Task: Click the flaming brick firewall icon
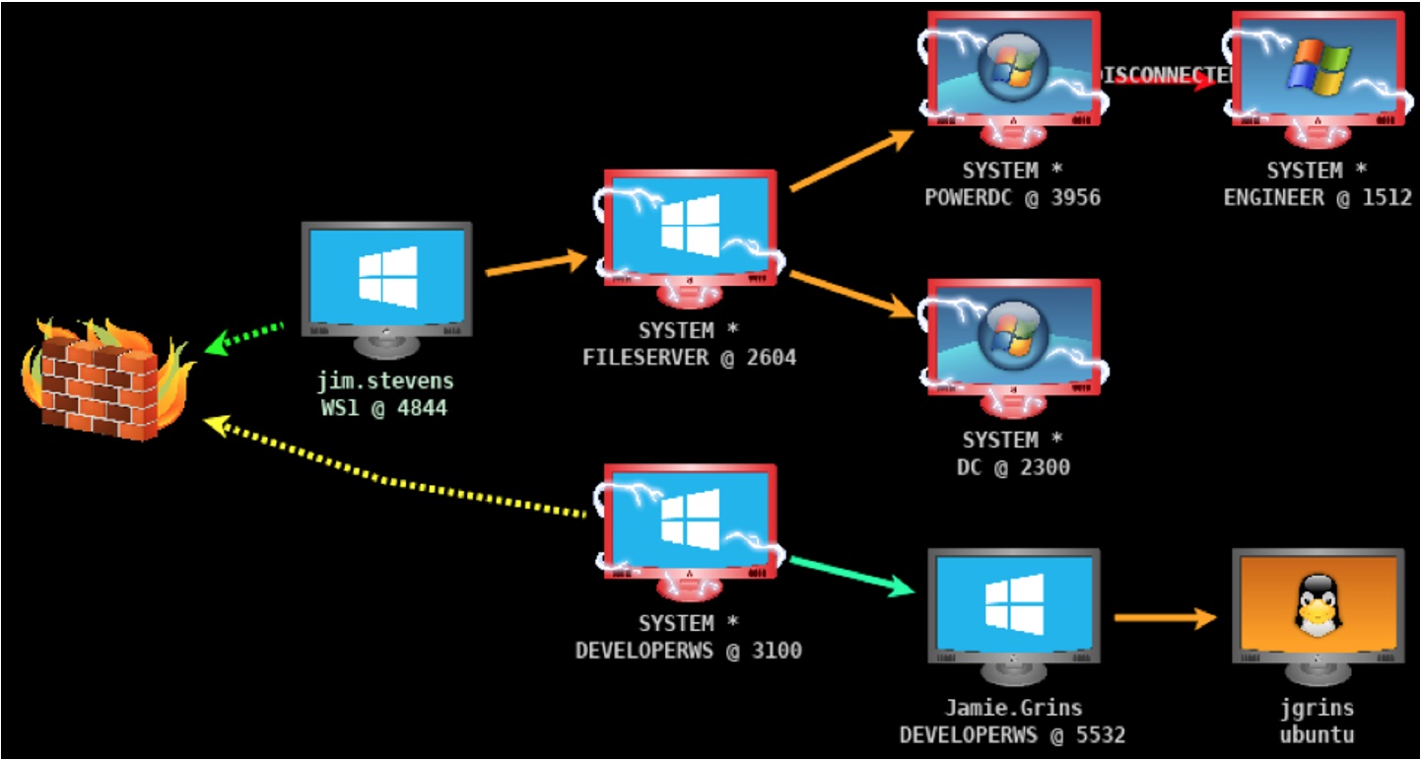tap(100, 379)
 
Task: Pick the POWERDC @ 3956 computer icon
tap(1013, 69)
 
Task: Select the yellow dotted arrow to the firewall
tap(394, 473)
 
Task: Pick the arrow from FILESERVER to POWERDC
tap(852, 161)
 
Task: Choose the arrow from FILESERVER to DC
tap(852, 295)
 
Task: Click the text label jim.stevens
tap(385, 380)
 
